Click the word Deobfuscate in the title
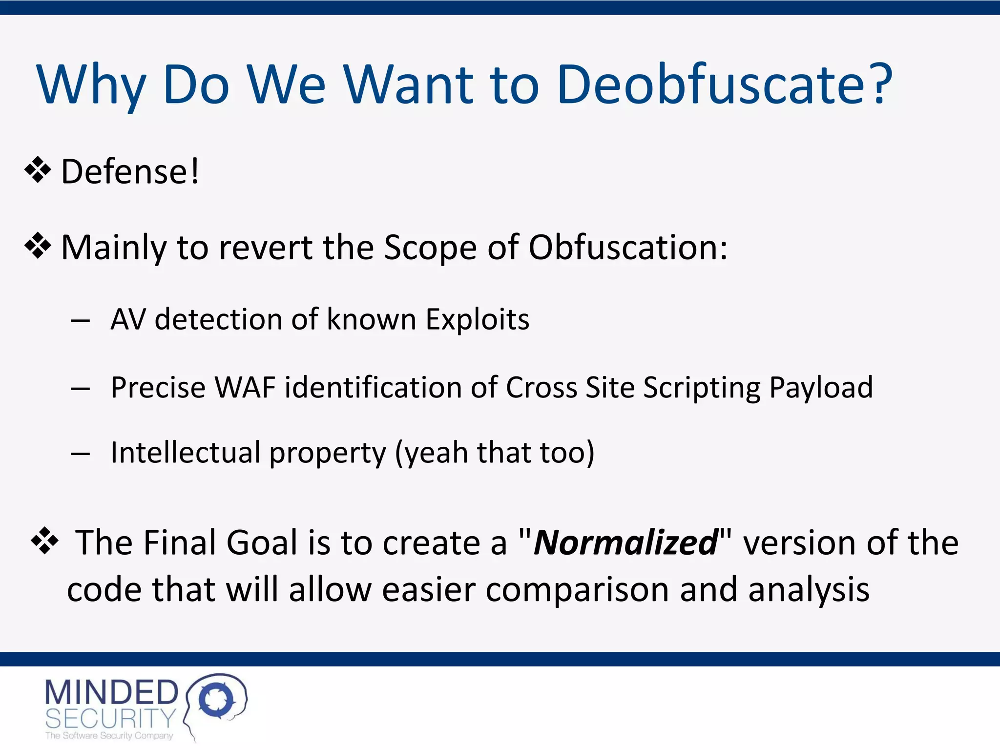[711, 85]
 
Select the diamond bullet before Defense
[38, 171]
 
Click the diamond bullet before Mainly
[38, 247]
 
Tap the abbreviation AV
[128, 320]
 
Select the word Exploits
[477, 320]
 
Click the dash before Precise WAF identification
[80, 389]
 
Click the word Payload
[821, 389]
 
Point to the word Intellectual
[186, 452]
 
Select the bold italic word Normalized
[625, 543]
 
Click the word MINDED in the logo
[111, 692]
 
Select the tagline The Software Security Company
[109, 736]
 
